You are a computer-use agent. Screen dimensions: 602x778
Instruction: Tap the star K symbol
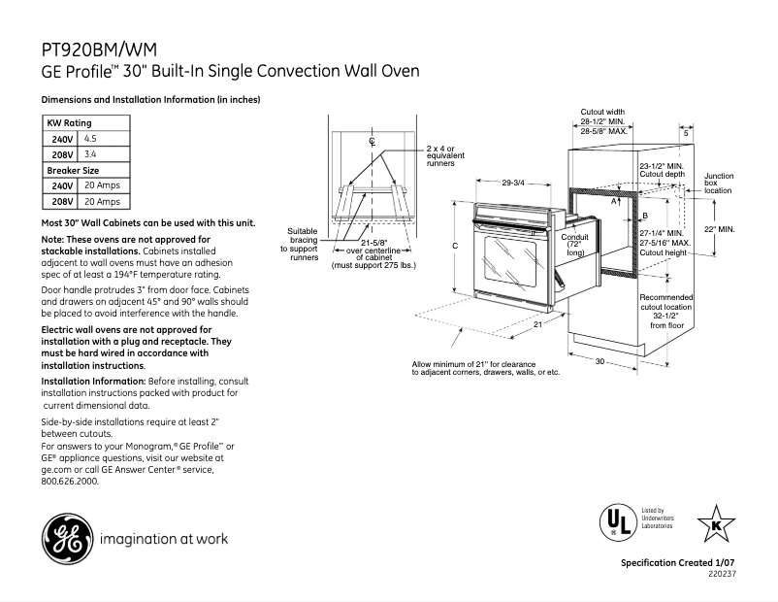click(716, 523)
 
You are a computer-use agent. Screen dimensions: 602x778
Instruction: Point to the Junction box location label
click(719, 184)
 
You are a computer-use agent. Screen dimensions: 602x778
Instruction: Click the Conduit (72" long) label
click(574, 244)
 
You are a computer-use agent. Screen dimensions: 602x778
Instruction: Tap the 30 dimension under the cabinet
click(600, 361)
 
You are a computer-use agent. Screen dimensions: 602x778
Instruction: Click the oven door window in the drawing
click(506, 256)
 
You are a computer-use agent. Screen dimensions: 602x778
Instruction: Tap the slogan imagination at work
click(163, 539)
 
